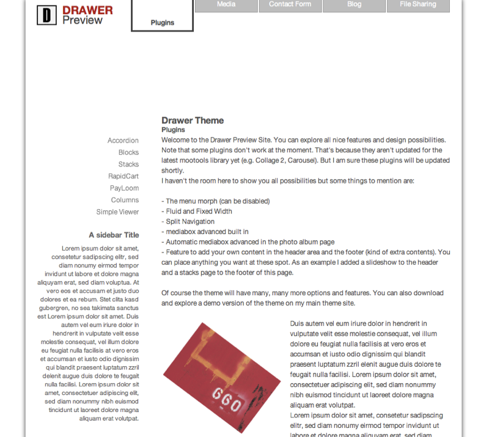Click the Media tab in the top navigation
226,5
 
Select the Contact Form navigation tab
290,5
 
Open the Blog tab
354,5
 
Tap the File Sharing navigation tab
418,5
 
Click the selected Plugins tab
163,23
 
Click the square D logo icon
46,15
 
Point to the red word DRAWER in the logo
87,10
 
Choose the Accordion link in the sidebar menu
123,141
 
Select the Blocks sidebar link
128,152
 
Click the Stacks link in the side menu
128,164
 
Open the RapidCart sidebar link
123,176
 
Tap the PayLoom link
124,188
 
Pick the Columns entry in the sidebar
125,200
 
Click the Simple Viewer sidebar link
117,212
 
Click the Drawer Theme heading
193,120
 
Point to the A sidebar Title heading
114,235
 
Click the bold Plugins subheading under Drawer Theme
173,130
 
